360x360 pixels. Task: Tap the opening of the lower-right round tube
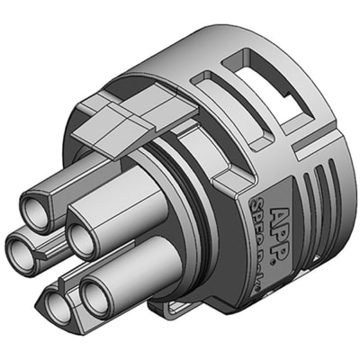(x=97, y=294)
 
